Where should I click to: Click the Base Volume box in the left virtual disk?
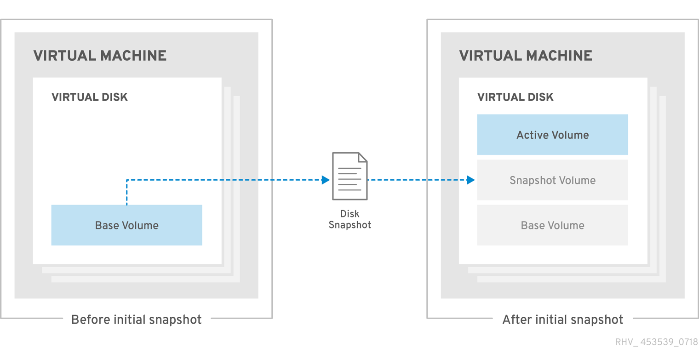click(x=126, y=225)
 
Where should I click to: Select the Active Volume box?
click(x=552, y=135)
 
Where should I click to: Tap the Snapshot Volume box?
click(x=552, y=180)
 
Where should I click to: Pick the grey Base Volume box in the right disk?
click(x=552, y=225)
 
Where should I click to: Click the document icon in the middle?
click(x=349, y=176)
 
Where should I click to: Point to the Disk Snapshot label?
click(x=349, y=219)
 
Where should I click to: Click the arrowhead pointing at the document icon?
click(x=326, y=180)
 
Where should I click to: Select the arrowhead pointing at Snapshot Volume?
click(x=470, y=180)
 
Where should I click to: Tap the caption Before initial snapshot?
click(x=136, y=320)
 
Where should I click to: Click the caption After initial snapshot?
click(x=562, y=320)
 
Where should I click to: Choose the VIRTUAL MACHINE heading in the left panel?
click(x=100, y=56)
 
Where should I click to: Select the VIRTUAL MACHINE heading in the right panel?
click(x=526, y=56)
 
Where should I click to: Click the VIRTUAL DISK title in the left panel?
click(x=90, y=97)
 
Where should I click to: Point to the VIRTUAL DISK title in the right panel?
click(x=516, y=97)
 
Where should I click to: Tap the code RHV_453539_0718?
click(x=656, y=343)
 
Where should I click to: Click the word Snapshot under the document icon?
click(x=349, y=225)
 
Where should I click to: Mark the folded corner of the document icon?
click(x=362, y=158)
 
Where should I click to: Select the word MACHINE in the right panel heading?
click(x=559, y=56)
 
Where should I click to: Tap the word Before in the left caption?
click(x=87, y=320)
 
